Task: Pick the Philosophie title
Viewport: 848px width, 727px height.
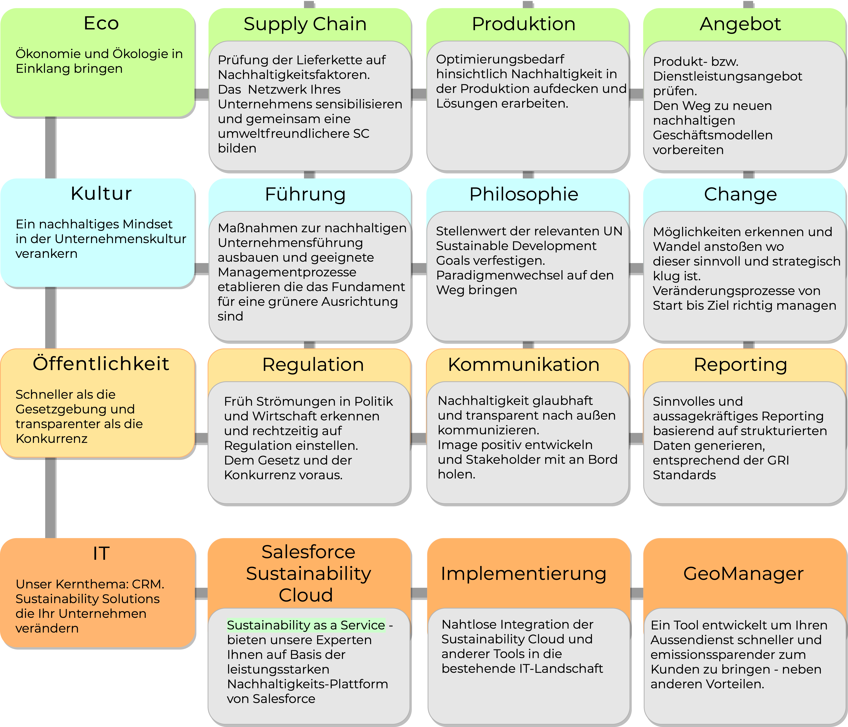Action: [524, 194]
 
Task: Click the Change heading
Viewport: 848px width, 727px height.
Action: [740, 194]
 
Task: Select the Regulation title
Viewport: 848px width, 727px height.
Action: [313, 364]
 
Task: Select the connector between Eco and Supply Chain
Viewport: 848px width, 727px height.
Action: [201, 94]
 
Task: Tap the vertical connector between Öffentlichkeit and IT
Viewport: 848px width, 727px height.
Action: [50, 498]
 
